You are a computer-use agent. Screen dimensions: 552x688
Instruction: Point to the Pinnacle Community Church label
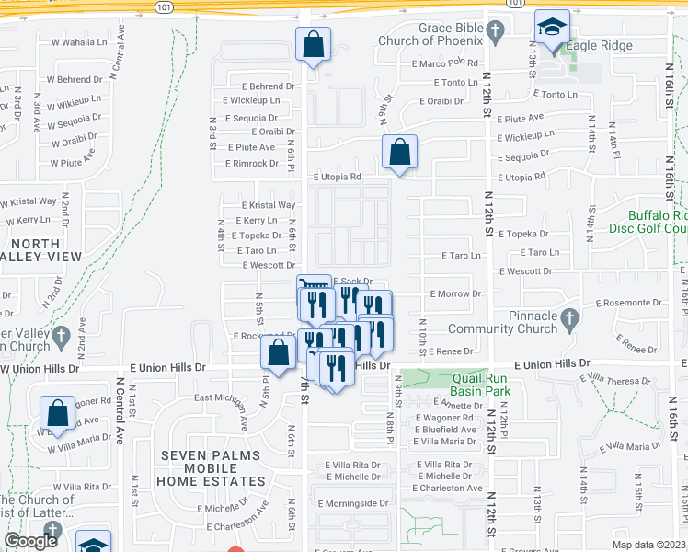coord(519,322)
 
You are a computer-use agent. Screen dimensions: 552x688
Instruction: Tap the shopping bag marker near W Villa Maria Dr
coord(58,413)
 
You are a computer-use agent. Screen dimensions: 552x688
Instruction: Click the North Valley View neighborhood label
coord(42,250)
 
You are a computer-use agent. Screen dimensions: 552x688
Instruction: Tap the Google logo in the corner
coord(30,541)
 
